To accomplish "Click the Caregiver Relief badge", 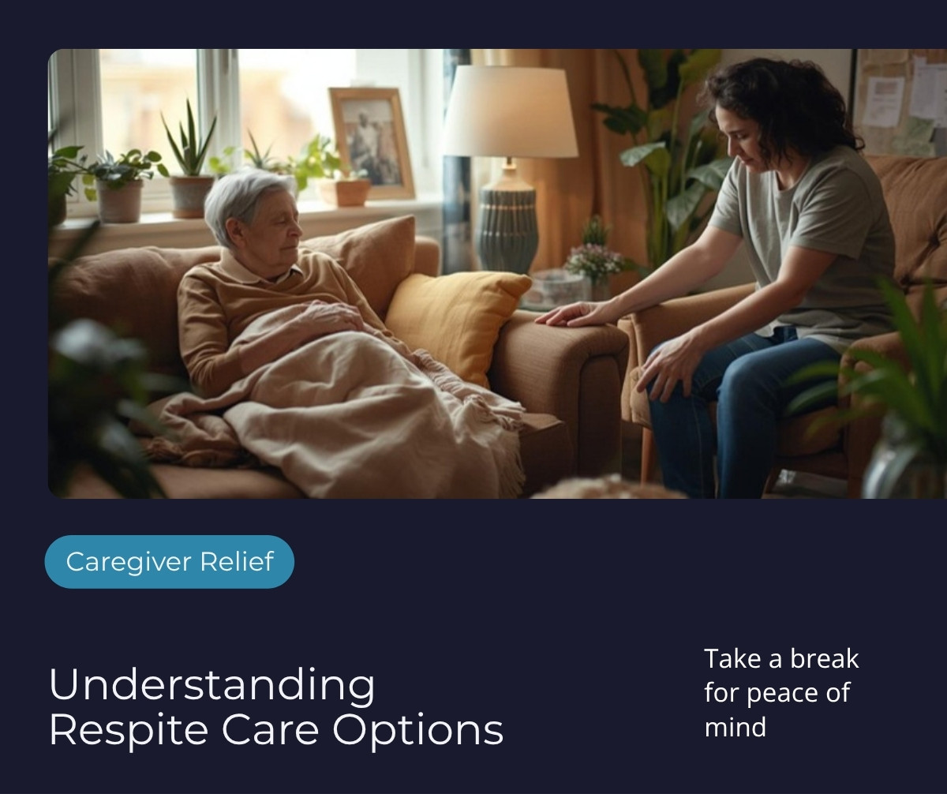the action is (x=169, y=562).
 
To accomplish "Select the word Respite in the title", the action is (x=129, y=731).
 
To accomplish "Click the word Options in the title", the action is (x=417, y=731).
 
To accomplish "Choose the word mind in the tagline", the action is (x=736, y=727).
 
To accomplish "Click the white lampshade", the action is (x=511, y=111).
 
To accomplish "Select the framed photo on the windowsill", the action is (x=372, y=143).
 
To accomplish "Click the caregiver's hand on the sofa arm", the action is (x=571, y=314).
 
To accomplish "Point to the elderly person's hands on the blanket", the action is (x=327, y=316).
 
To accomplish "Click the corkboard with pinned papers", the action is (x=900, y=102).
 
